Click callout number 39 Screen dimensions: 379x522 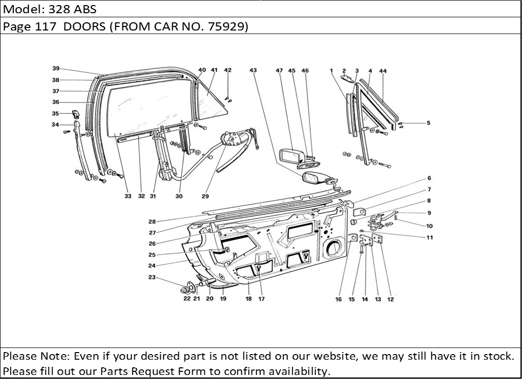click(x=56, y=69)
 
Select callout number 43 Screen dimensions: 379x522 click(x=253, y=71)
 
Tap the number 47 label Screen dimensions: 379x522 click(x=279, y=71)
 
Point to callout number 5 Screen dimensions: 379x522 click(x=428, y=122)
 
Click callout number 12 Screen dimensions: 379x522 click(x=390, y=300)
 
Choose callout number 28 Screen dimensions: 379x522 click(x=152, y=222)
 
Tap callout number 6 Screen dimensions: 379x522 click(x=429, y=178)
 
